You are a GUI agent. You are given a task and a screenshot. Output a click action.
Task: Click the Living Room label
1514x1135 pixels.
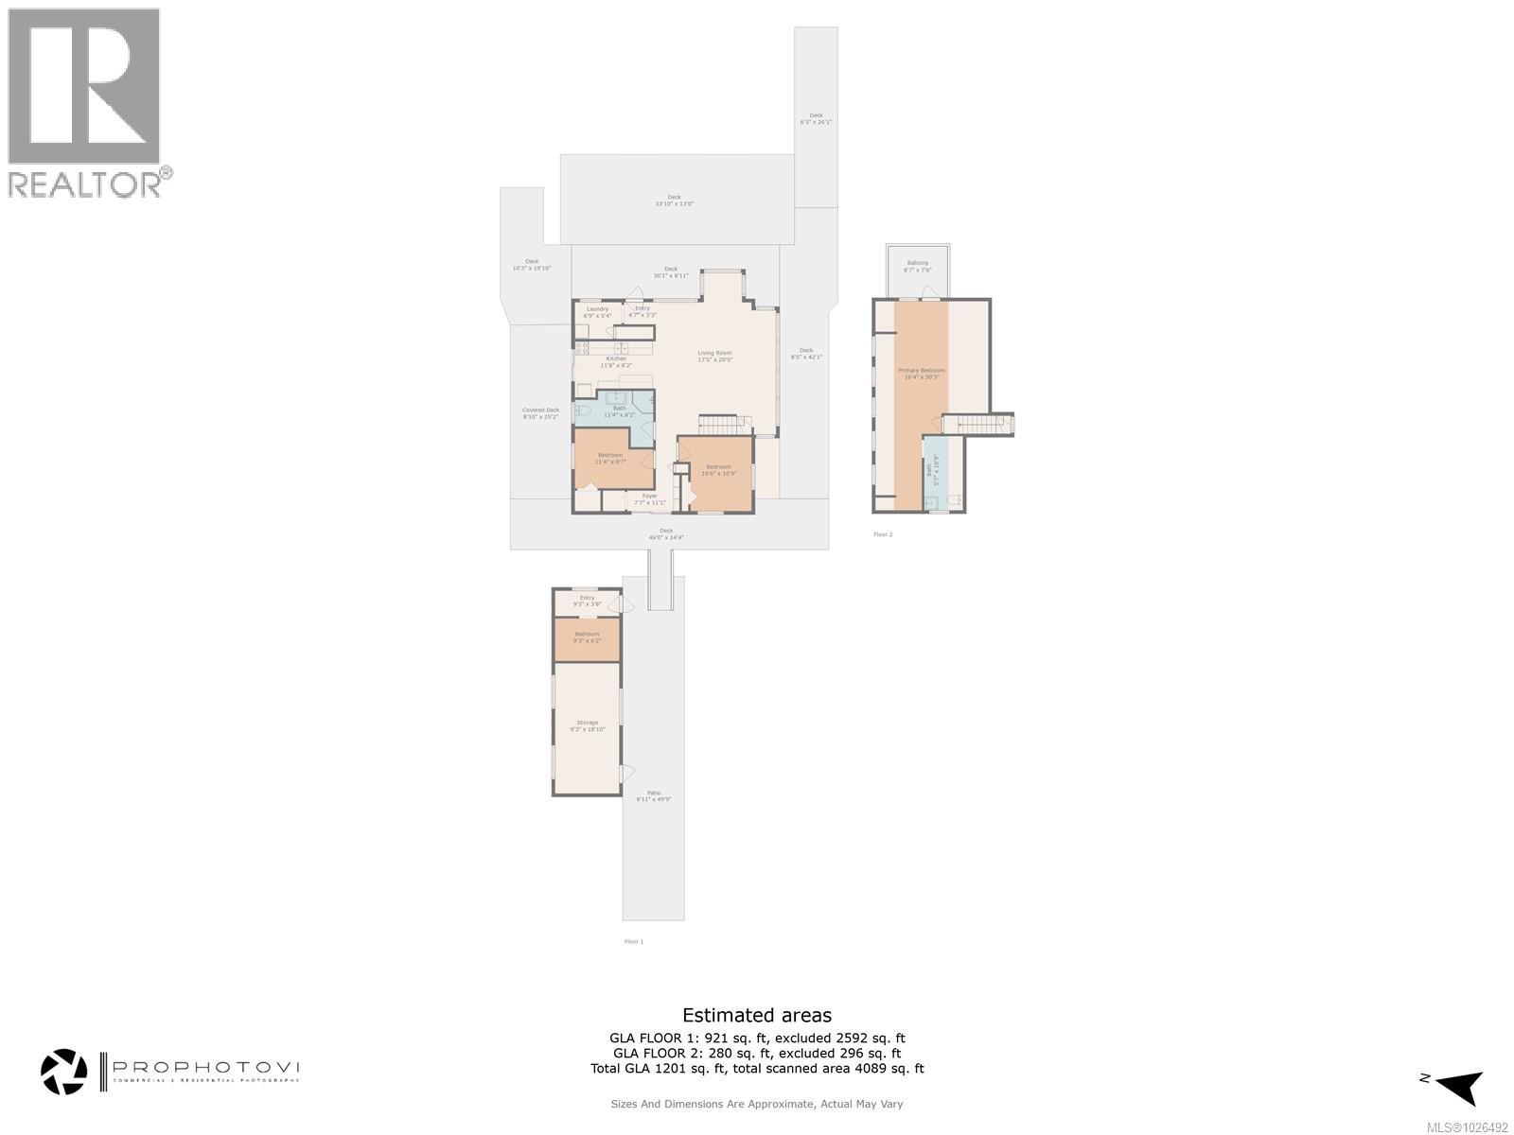715,357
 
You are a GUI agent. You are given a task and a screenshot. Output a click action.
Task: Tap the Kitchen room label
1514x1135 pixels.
616,361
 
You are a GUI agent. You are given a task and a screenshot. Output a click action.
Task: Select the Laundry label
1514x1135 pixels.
597,312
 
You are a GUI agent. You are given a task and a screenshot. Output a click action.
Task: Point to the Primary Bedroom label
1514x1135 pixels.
921,374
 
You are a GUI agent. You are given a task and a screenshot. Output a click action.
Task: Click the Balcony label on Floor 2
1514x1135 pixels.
917,266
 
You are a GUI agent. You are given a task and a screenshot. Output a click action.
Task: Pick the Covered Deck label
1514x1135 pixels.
540,413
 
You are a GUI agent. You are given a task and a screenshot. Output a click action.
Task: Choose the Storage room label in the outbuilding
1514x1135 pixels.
588,725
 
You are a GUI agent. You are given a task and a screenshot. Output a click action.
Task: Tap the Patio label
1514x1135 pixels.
653,796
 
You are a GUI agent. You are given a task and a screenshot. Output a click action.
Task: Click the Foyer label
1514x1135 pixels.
649,498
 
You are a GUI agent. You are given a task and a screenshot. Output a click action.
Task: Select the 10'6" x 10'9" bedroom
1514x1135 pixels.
718,469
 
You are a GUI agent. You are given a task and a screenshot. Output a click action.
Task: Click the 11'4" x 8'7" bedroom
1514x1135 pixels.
609,458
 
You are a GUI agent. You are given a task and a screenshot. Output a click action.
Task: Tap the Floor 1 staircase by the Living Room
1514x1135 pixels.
725,424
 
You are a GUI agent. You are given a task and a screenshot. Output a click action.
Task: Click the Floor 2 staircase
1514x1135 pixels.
978,425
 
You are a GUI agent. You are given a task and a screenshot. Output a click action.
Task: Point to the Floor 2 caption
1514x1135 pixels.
882,534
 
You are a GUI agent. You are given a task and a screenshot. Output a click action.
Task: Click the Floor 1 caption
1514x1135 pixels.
633,941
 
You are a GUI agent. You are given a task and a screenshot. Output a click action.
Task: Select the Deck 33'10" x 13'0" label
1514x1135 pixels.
674,201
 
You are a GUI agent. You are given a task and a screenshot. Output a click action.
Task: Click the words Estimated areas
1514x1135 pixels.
756,1016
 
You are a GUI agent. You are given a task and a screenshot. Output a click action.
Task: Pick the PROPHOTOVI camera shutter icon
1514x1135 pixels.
64,1072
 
